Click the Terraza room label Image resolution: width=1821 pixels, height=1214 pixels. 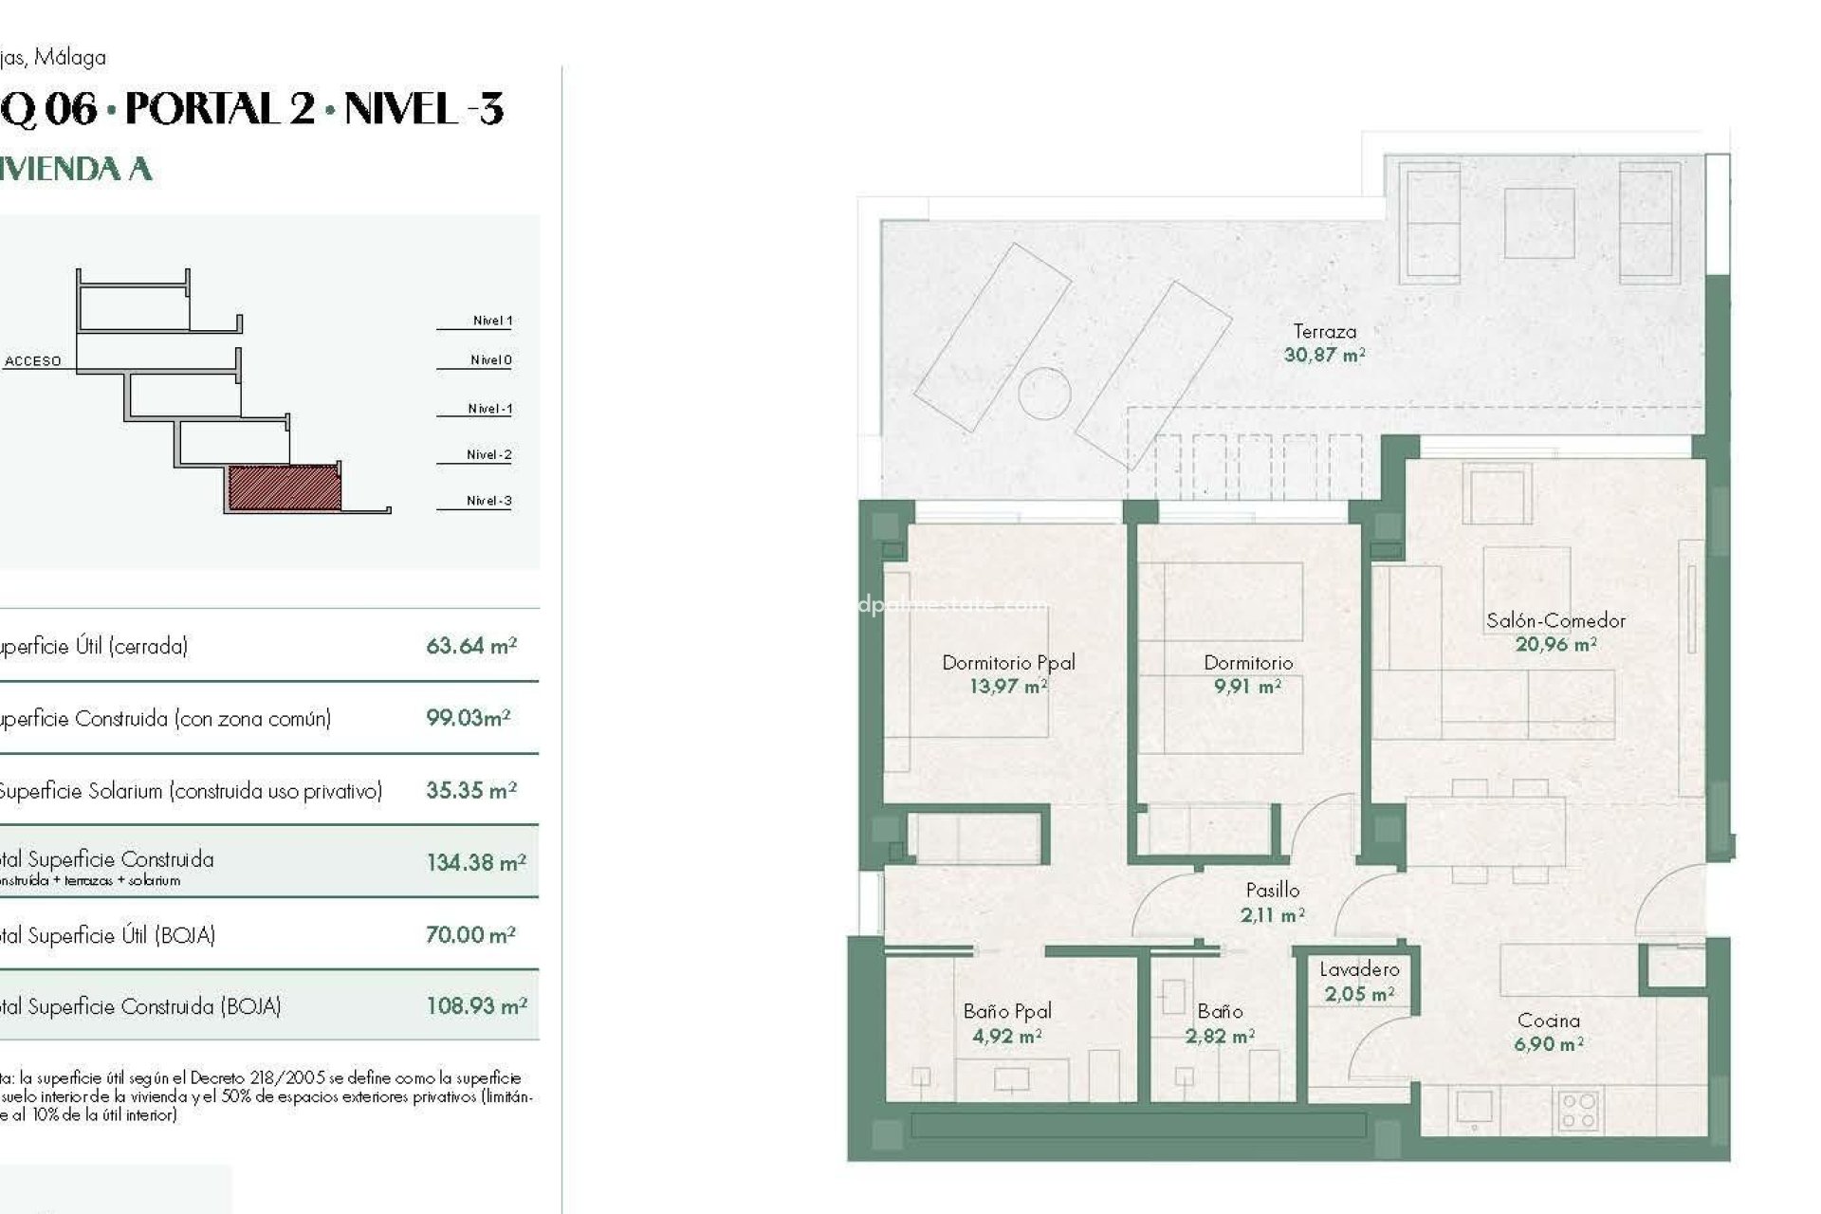point(1324,332)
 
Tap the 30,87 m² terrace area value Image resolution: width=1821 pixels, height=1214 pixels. point(1324,356)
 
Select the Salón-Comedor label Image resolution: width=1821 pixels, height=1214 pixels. point(1555,621)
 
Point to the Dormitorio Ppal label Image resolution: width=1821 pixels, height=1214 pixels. point(1008,663)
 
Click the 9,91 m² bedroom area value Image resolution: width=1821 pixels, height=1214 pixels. point(1247,686)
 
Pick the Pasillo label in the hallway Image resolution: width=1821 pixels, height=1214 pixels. point(1272,891)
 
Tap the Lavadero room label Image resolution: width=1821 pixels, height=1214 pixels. point(1359,969)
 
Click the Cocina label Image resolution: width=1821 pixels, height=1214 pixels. point(1548,1021)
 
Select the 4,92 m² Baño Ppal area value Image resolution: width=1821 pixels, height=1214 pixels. point(1006,1037)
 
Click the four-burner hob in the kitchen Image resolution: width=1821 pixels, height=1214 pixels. point(1578,1111)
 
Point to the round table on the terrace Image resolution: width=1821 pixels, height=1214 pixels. point(1044,392)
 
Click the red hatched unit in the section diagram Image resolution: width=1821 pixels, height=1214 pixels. point(284,487)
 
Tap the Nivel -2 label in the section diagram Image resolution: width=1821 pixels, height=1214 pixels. point(488,455)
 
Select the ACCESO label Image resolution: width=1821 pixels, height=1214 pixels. point(33,361)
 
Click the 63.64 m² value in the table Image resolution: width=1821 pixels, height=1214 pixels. point(471,646)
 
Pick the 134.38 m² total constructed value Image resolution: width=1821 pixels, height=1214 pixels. point(475,862)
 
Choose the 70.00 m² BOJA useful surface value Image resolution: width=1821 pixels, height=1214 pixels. point(470,935)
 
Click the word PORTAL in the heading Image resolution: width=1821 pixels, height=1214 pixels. point(219,109)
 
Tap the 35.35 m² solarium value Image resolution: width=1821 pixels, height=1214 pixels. point(470,790)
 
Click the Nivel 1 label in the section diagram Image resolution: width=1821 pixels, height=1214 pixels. point(492,321)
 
